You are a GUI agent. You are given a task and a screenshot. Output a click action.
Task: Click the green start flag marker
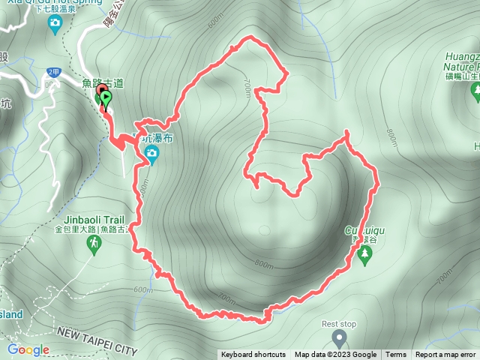tap(106, 98)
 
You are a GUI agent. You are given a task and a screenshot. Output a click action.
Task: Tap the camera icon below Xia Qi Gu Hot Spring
tap(54, 24)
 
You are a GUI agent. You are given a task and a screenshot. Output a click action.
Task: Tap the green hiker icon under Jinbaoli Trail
tap(94, 244)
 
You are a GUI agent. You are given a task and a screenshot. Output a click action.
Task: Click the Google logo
tap(28, 350)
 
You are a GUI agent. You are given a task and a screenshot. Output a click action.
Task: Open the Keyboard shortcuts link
tap(253, 355)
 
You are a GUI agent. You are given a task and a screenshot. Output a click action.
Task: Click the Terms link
tap(396, 355)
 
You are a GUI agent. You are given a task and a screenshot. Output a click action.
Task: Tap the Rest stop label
tap(338, 324)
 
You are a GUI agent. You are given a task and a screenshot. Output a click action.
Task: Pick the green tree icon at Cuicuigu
tap(365, 256)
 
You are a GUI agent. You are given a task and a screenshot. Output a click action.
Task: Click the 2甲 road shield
tap(52, 72)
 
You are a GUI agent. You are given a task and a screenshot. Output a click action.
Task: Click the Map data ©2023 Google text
tap(335, 355)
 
